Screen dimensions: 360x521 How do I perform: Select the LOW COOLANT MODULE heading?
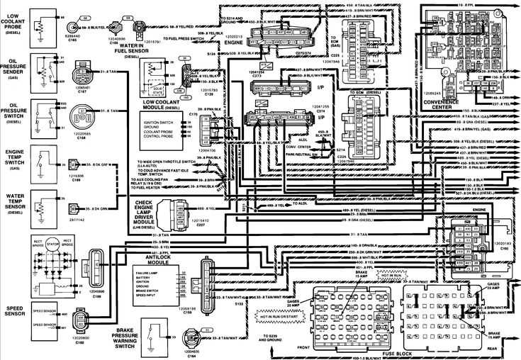[163, 103]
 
